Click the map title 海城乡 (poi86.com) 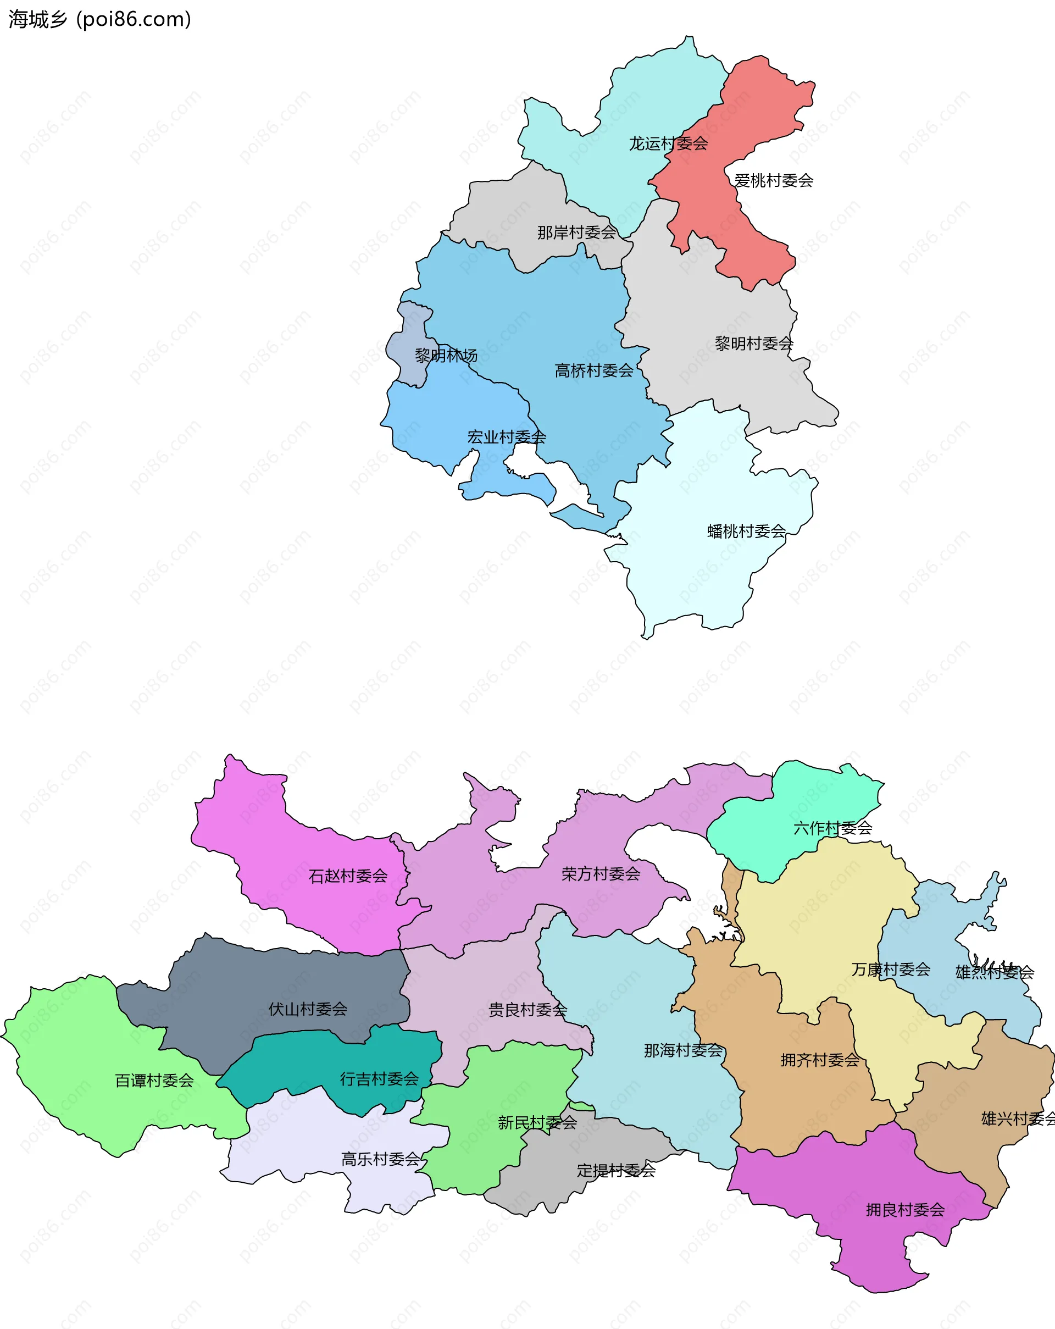[100, 20]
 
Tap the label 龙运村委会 [668, 143]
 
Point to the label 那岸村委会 [576, 232]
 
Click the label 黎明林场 [446, 356]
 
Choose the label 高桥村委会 [594, 370]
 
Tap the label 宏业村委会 [507, 437]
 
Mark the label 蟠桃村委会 [746, 531]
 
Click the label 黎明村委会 [754, 344]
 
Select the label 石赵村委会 [348, 876]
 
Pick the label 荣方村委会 [601, 873]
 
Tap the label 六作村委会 [832, 828]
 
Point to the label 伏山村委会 [308, 1009]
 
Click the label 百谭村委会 [154, 1081]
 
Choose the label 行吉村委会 [379, 1079]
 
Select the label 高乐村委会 [381, 1160]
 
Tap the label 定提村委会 [615, 1171]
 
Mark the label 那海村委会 [683, 1050]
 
